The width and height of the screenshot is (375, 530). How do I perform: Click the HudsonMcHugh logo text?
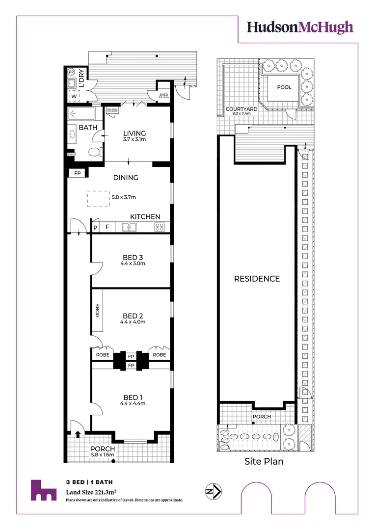[299, 27]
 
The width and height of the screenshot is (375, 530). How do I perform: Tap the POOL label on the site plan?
[283, 87]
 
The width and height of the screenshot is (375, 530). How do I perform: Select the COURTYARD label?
[238, 109]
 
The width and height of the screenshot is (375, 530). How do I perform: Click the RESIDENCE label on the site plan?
[257, 279]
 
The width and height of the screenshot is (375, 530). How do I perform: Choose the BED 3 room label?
[133, 257]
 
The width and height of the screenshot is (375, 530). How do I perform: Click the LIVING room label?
[134, 133]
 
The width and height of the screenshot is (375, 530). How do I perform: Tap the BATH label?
[88, 128]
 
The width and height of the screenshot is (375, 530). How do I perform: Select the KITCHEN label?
[145, 216]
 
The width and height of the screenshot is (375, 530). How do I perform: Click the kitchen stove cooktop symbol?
[160, 227]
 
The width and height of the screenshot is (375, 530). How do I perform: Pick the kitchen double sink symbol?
[130, 227]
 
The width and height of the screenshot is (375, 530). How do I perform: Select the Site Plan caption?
[264, 462]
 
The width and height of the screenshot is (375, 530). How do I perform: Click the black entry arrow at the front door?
[78, 433]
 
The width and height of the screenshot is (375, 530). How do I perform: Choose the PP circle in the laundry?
[71, 71]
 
